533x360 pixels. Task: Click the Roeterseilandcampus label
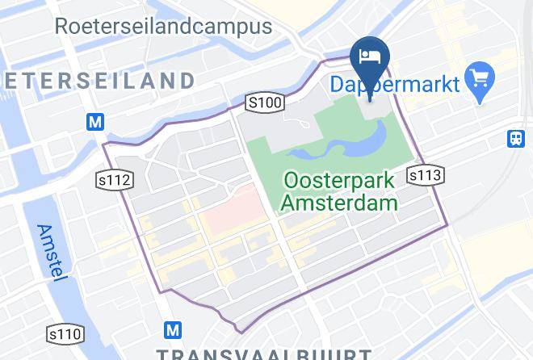163,26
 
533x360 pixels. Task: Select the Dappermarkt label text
395,83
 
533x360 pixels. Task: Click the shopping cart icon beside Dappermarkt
481,80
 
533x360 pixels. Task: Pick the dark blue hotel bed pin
371,59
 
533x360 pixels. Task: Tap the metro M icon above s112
96,123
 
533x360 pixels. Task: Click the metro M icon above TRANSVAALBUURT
173,330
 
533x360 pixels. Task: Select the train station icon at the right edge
517,138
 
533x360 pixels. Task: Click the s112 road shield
114,179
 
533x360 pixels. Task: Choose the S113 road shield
425,174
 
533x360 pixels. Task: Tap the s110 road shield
65,333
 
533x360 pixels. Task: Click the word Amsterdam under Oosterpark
339,202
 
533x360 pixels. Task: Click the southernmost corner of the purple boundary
238,331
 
